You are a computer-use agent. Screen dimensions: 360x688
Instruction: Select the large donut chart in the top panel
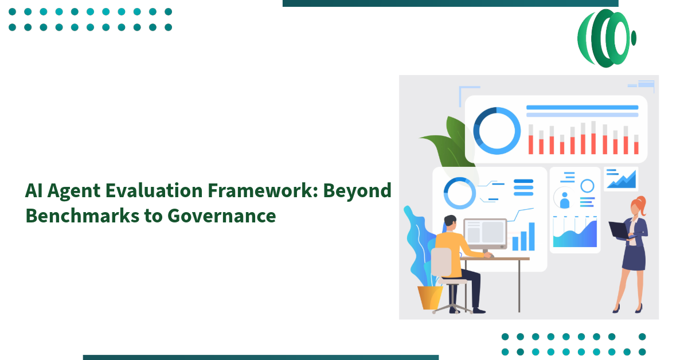497,131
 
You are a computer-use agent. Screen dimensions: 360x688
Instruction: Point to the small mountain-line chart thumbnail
621,179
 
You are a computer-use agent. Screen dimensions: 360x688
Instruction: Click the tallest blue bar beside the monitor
531,237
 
